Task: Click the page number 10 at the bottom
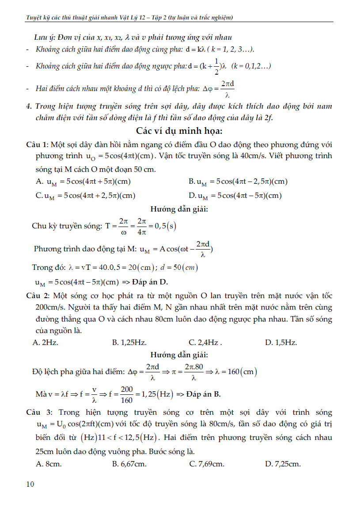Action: (x=30, y=484)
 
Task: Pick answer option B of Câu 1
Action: (x=238, y=182)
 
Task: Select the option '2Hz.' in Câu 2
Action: (x=46, y=342)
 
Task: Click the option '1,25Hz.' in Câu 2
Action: (x=129, y=342)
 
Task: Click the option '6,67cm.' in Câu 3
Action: (x=129, y=464)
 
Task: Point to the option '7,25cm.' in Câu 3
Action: (x=283, y=464)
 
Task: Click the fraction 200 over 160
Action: (x=127, y=394)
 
